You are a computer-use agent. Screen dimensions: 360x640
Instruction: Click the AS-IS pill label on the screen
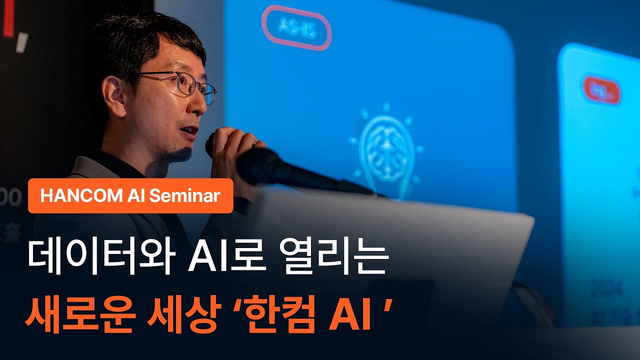click(296, 28)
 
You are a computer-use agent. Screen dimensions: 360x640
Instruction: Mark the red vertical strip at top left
click(8, 17)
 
